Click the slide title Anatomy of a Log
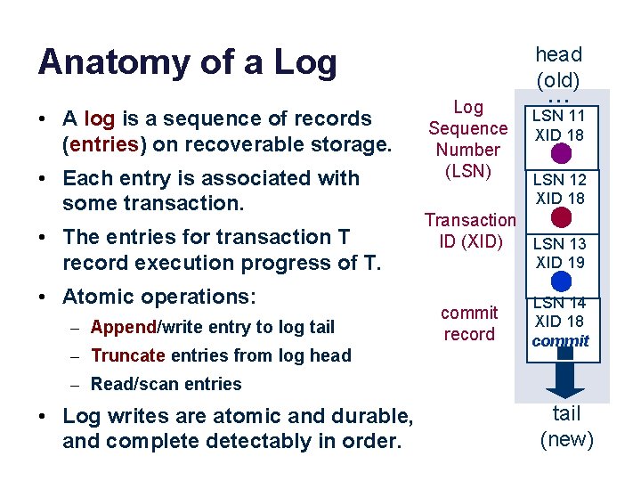pyautogui.click(x=187, y=63)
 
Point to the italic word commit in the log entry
pyautogui.click(x=561, y=341)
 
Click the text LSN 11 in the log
pyautogui.click(x=560, y=116)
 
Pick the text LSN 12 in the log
pyautogui.click(x=560, y=180)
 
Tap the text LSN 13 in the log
pyautogui.click(x=560, y=244)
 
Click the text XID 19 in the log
pyautogui.click(x=560, y=262)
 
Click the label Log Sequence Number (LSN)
pyautogui.click(x=468, y=139)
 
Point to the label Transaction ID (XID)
pyautogui.click(x=470, y=230)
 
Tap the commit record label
pyautogui.click(x=469, y=323)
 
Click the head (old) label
pyautogui.click(x=558, y=67)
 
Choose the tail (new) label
pyautogui.click(x=566, y=426)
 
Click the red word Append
pyautogui.click(x=123, y=327)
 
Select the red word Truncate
pyautogui.click(x=127, y=355)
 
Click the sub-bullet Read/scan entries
pyautogui.click(x=166, y=384)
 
